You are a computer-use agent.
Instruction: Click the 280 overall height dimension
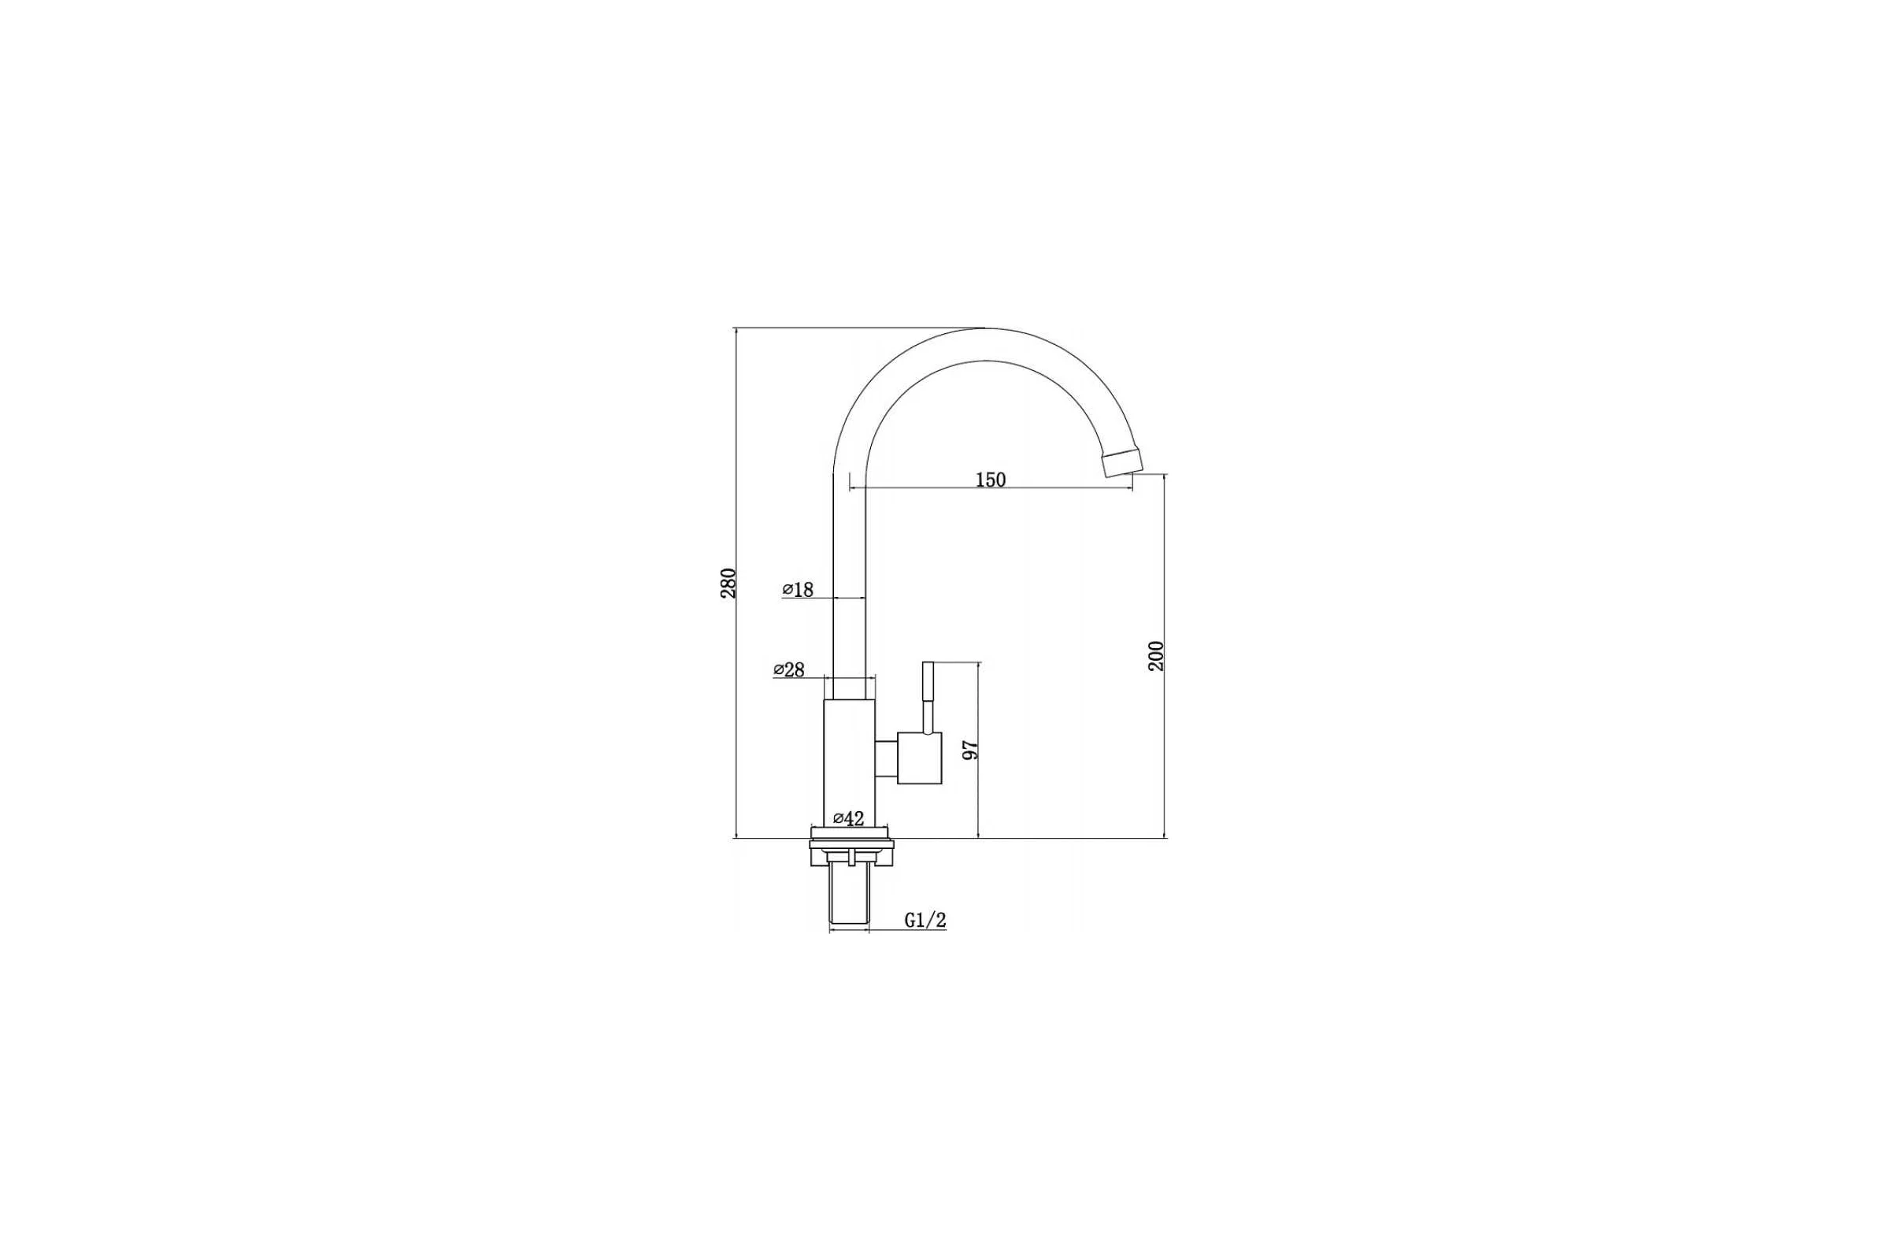tap(728, 583)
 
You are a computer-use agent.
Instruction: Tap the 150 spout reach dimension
tap(990, 480)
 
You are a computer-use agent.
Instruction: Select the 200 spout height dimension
tap(1155, 656)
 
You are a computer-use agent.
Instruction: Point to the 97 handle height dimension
tap(971, 749)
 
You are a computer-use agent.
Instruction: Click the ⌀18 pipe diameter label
tap(798, 590)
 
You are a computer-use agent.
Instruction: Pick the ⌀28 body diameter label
tap(789, 669)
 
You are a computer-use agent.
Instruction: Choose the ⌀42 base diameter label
tap(849, 819)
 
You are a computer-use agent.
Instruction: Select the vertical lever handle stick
tap(928, 698)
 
